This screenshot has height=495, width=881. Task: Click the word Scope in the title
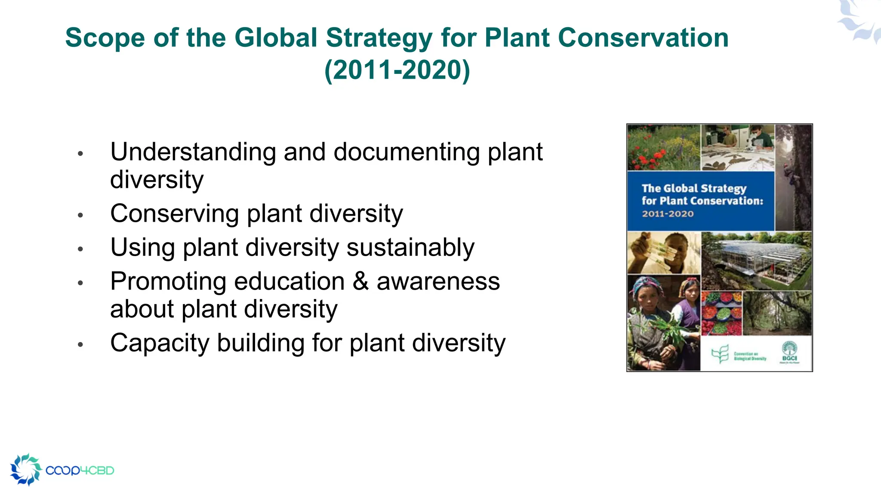105,38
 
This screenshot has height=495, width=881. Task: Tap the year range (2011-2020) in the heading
397,70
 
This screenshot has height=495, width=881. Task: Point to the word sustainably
410,247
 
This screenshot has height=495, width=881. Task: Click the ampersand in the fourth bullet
360,281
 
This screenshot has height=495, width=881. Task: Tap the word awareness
438,281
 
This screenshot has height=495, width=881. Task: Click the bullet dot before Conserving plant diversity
80,215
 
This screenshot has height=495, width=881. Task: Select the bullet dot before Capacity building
80,344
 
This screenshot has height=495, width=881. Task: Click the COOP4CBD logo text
80,471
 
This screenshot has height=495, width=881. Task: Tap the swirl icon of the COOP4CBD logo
26,469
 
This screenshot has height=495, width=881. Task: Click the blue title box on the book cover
700,201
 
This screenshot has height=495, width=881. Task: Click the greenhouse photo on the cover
756,260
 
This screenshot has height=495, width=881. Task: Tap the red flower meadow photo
663,147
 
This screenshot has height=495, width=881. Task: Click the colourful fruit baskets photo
721,313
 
